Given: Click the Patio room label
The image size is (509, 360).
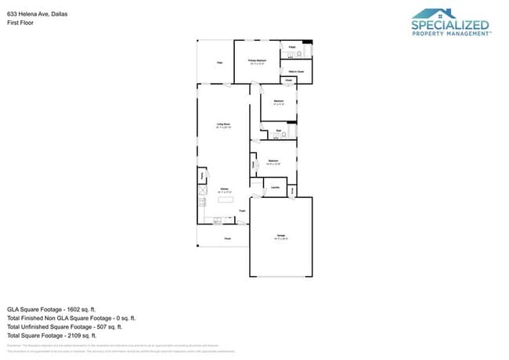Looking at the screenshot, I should pos(220,62).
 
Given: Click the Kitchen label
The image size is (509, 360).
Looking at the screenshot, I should pos(224,189).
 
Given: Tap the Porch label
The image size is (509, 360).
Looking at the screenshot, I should pos(227,238).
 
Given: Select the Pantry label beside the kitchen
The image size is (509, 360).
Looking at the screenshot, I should pos(202,176).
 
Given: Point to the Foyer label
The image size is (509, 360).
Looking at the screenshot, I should pos(242,211).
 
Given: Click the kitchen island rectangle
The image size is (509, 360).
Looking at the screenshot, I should pos(226,199).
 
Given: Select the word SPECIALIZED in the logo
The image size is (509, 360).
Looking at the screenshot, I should pos(450,25).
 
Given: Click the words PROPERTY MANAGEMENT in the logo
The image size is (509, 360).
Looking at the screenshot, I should pos(450,34).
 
